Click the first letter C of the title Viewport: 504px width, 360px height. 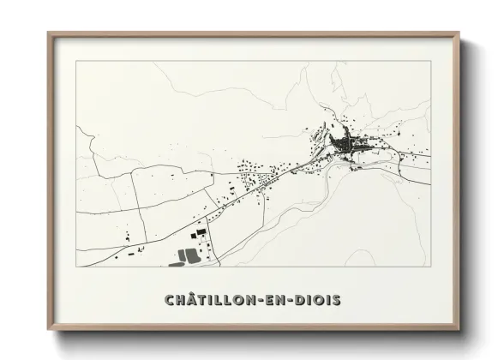[x=169, y=300]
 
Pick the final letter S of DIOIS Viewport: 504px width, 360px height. [x=337, y=300]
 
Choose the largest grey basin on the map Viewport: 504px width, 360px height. [x=188, y=255]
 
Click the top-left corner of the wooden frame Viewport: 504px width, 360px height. [x=49, y=34]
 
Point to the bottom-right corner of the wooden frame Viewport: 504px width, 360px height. [x=458, y=328]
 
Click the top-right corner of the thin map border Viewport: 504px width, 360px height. [x=430, y=62]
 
